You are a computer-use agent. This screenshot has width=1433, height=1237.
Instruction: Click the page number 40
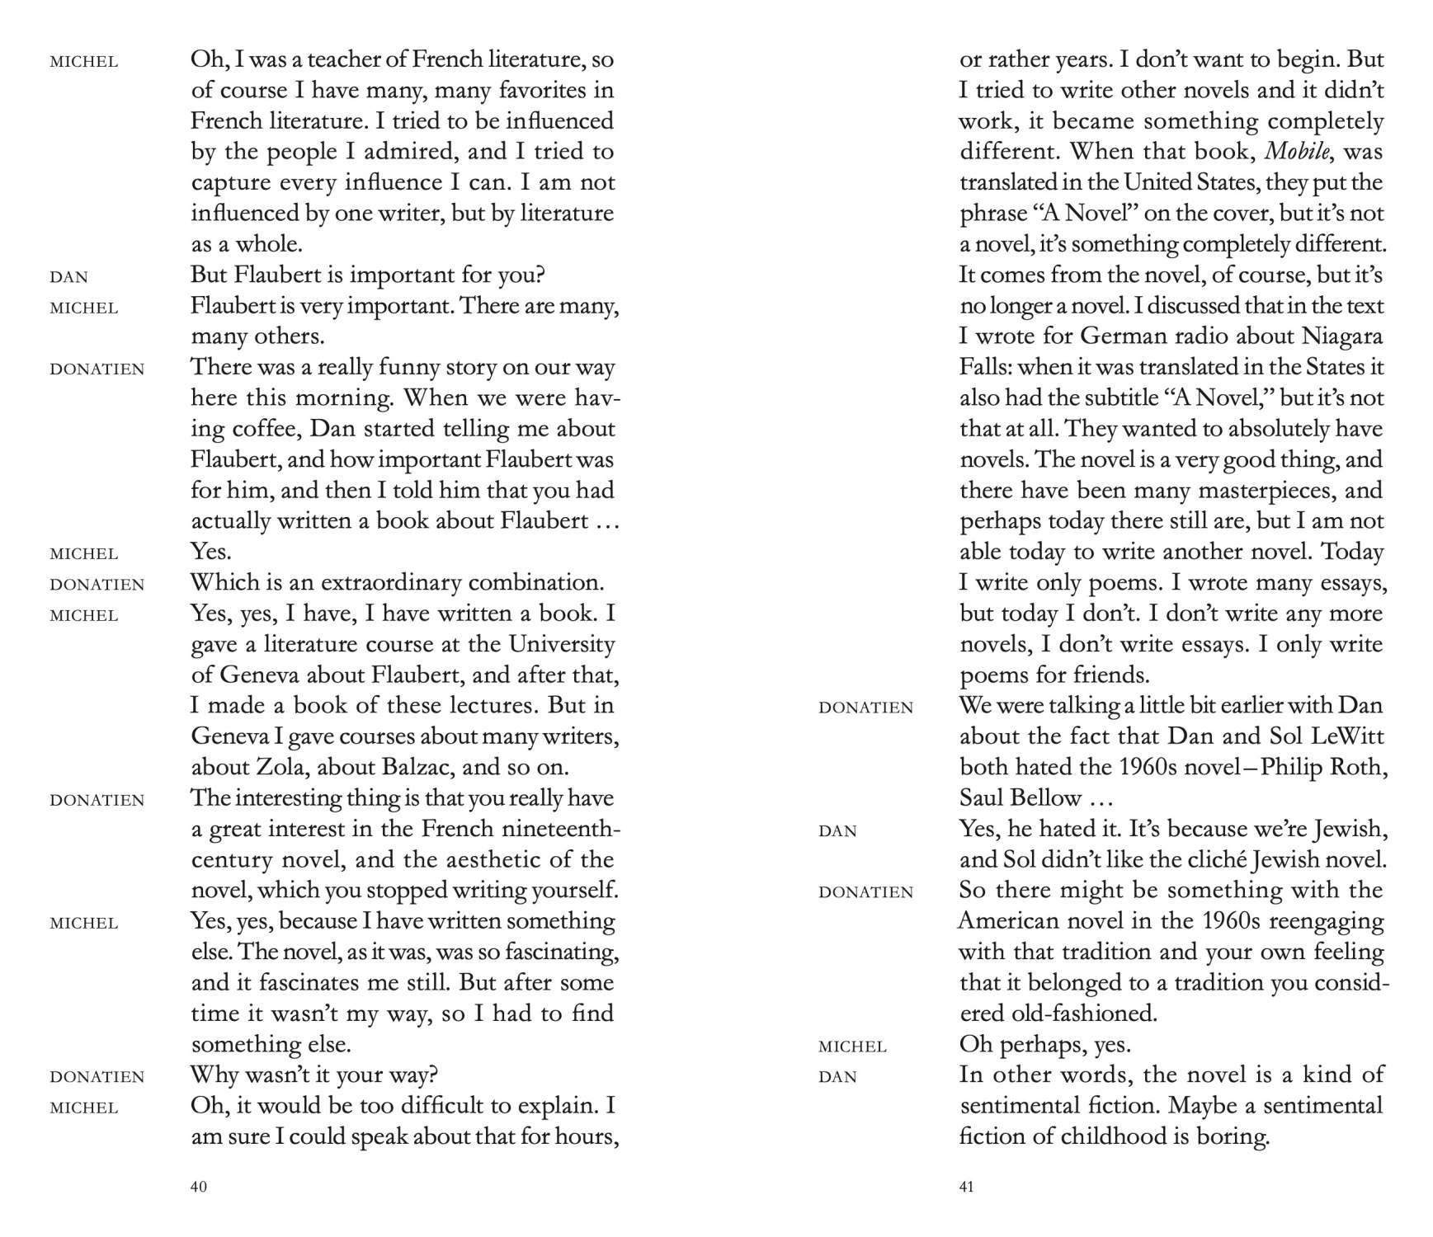(199, 1187)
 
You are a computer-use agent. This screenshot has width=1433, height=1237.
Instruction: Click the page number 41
(967, 1187)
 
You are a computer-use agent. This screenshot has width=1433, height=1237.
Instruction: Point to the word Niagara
(1342, 336)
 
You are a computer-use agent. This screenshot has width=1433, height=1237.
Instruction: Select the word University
(562, 644)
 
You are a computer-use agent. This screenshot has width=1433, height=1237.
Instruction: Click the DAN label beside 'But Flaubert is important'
(68, 277)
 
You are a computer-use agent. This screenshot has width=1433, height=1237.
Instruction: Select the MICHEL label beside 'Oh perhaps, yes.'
(852, 1047)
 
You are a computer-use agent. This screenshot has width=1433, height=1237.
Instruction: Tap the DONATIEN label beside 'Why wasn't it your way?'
(97, 1077)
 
